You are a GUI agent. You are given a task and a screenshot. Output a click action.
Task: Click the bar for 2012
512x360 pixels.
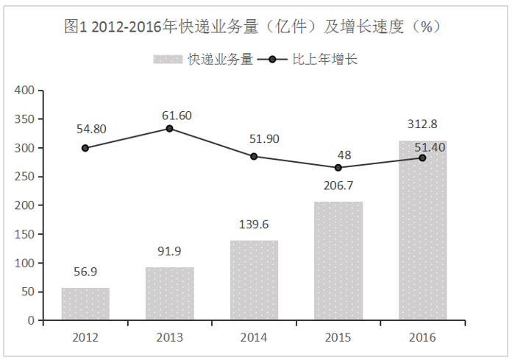tap(85, 304)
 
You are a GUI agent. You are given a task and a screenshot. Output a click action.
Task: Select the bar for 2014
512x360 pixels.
tap(254, 280)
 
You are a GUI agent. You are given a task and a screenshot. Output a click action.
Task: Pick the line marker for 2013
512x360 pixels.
tap(169, 128)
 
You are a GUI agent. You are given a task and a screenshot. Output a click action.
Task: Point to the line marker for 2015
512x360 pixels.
tap(338, 168)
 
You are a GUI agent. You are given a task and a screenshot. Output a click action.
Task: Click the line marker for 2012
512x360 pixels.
tap(85, 148)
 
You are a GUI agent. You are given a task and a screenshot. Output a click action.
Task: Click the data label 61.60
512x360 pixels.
tap(177, 115)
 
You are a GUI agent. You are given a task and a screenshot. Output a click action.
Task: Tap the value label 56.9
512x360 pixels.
tap(85, 272)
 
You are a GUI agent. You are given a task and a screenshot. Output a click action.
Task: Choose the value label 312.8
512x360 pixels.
tap(422, 123)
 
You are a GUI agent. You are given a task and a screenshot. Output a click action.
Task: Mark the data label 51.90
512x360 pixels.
tap(261, 138)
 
